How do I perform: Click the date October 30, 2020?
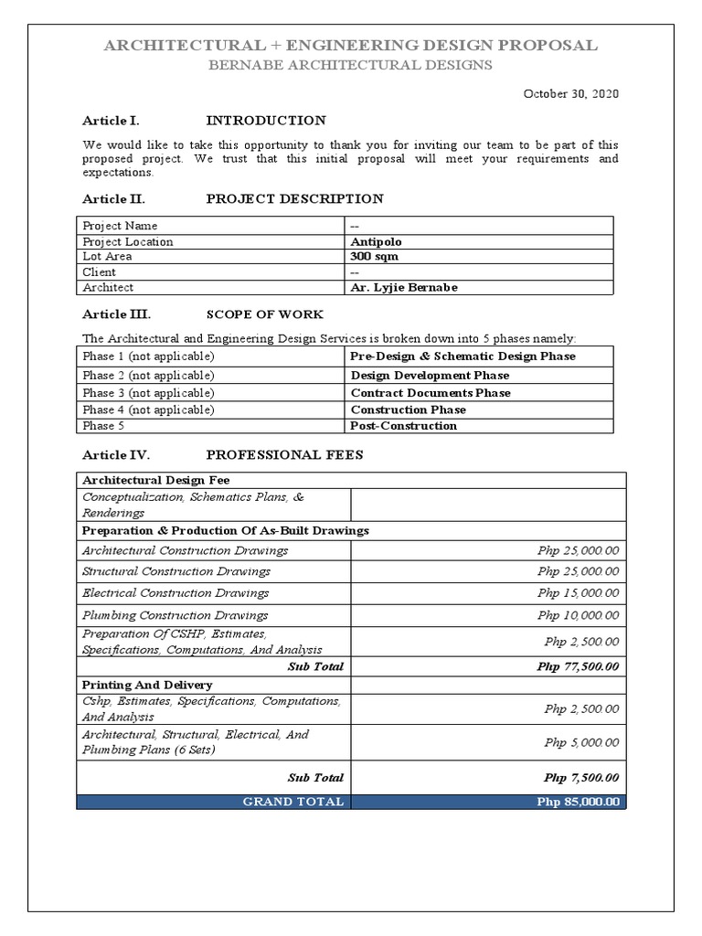pos(569,93)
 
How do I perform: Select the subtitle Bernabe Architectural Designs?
pos(351,65)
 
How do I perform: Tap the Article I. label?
pos(111,121)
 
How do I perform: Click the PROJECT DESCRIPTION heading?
pos(294,198)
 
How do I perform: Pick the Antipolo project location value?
pos(376,242)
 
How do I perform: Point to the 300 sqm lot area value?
pos(375,257)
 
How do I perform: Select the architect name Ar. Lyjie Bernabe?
pos(404,287)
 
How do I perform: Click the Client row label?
pos(100,272)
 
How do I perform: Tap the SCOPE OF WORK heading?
pos(264,314)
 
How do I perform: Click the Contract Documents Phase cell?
pos(431,393)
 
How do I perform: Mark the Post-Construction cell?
pos(404,426)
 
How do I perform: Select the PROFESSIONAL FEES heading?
pos(284,454)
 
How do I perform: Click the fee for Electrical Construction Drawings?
pos(578,593)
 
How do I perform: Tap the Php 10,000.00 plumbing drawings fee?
pos(578,615)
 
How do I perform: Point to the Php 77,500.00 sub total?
pos(578,666)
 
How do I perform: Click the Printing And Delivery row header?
pos(148,685)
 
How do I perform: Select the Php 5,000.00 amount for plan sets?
pos(581,742)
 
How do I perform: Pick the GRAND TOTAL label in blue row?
pos(292,802)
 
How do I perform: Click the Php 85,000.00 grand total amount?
pos(578,802)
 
